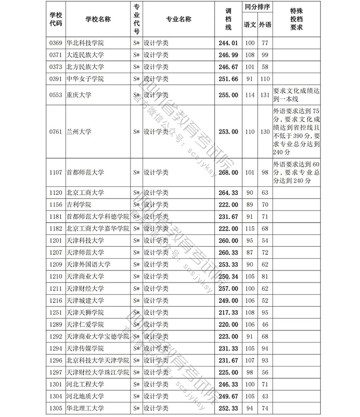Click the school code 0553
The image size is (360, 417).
click(55, 95)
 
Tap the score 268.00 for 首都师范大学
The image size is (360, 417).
click(228, 173)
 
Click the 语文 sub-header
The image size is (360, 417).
click(249, 24)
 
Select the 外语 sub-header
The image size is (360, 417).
click(265, 24)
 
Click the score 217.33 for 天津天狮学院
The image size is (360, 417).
click(228, 313)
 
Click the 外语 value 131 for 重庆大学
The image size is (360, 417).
click(265, 95)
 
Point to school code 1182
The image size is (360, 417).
click(55, 229)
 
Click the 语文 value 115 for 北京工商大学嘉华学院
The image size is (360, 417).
click(249, 229)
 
